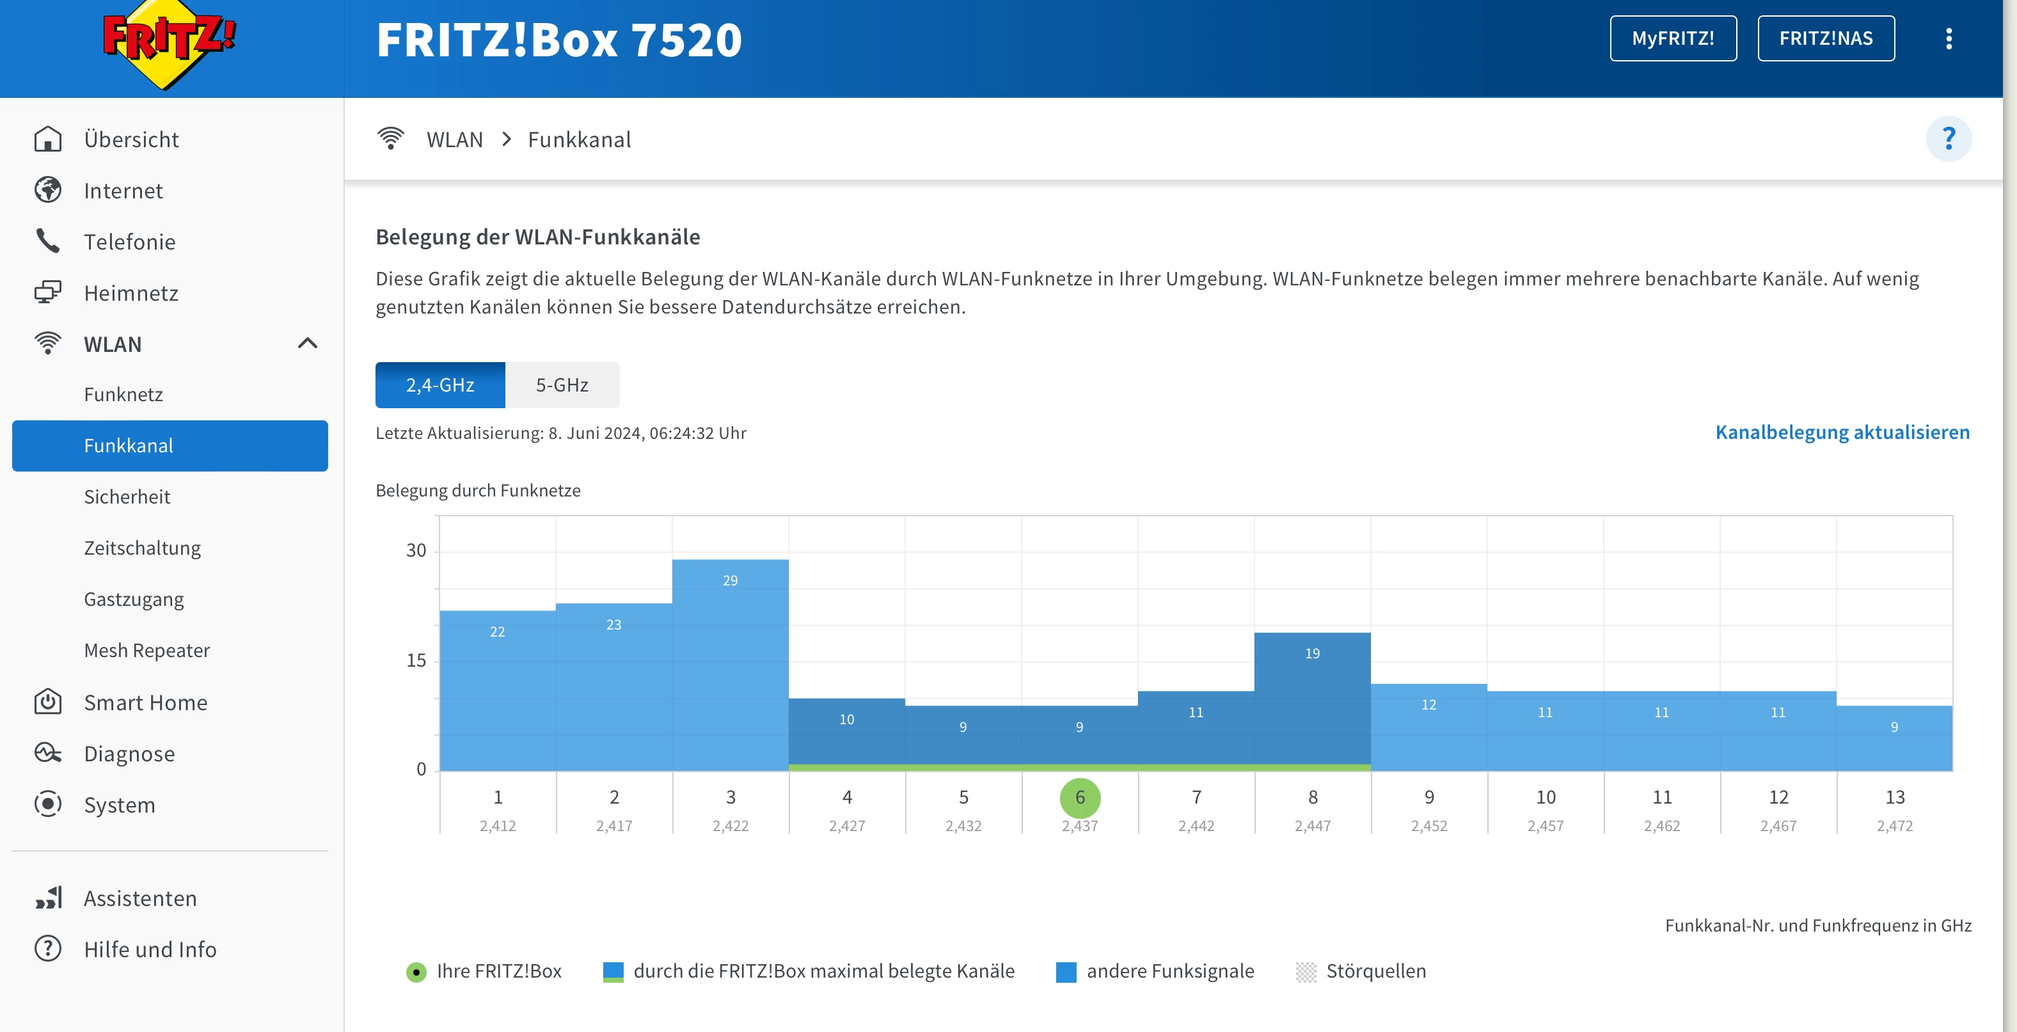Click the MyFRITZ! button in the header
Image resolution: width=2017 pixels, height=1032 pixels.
[x=1672, y=38]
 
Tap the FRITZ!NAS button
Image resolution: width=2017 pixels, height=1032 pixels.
[x=1825, y=38]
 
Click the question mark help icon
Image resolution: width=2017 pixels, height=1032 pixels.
[x=1948, y=139]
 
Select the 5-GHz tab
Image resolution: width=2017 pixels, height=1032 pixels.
[x=562, y=385]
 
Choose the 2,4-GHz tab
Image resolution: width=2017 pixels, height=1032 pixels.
[x=440, y=385]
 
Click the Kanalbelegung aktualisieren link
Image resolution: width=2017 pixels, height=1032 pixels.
[x=1842, y=433]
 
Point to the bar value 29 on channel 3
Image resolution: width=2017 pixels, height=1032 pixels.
[x=730, y=580]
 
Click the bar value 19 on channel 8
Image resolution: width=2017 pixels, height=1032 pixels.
[x=1312, y=653]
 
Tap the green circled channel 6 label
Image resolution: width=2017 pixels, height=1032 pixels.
[x=1080, y=798]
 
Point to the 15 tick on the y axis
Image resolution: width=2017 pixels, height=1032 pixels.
[x=416, y=660]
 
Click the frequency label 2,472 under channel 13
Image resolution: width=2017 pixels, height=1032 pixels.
[x=1894, y=826]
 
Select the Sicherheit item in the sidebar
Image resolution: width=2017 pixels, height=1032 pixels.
[x=127, y=496]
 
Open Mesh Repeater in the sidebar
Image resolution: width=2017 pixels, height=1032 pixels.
[x=146, y=650]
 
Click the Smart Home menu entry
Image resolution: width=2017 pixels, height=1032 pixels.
[x=146, y=703]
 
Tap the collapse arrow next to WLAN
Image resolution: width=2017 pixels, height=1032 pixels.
[x=308, y=343]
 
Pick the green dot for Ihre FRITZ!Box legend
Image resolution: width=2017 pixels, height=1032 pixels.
[x=416, y=972]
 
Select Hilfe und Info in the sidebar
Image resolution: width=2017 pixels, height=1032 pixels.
[x=150, y=949]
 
